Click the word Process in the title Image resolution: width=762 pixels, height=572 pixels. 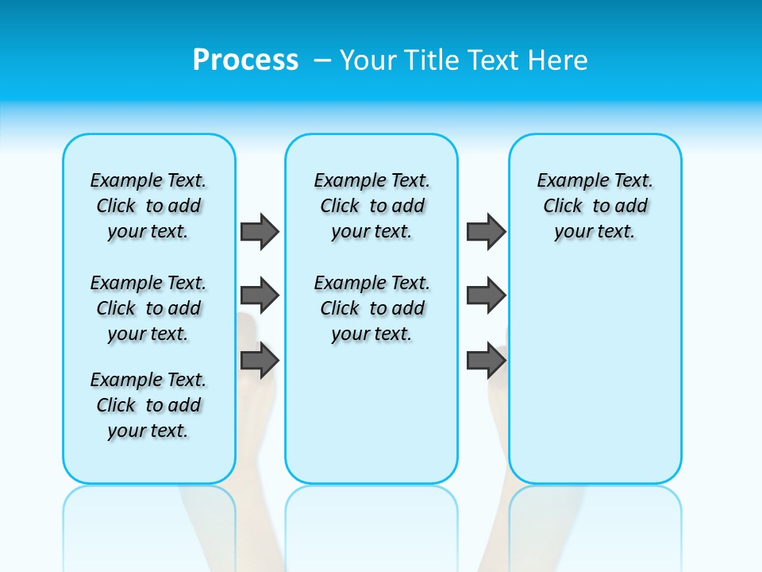point(245,60)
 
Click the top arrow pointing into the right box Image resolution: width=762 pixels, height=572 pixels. point(486,231)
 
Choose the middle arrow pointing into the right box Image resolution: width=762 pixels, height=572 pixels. point(486,296)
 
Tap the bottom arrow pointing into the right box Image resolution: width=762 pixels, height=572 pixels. point(486,360)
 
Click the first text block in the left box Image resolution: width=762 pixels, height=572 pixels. point(148,206)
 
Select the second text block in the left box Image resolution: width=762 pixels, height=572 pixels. point(148,308)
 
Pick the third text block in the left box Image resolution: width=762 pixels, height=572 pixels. point(148,405)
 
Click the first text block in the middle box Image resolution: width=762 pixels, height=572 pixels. point(372,206)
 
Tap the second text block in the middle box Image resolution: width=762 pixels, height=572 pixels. point(372,308)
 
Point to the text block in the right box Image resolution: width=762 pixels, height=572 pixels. point(595,206)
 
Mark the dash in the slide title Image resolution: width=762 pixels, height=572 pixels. point(323,60)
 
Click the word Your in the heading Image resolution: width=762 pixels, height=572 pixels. point(368,60)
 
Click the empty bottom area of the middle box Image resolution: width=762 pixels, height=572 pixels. point(371,421)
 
